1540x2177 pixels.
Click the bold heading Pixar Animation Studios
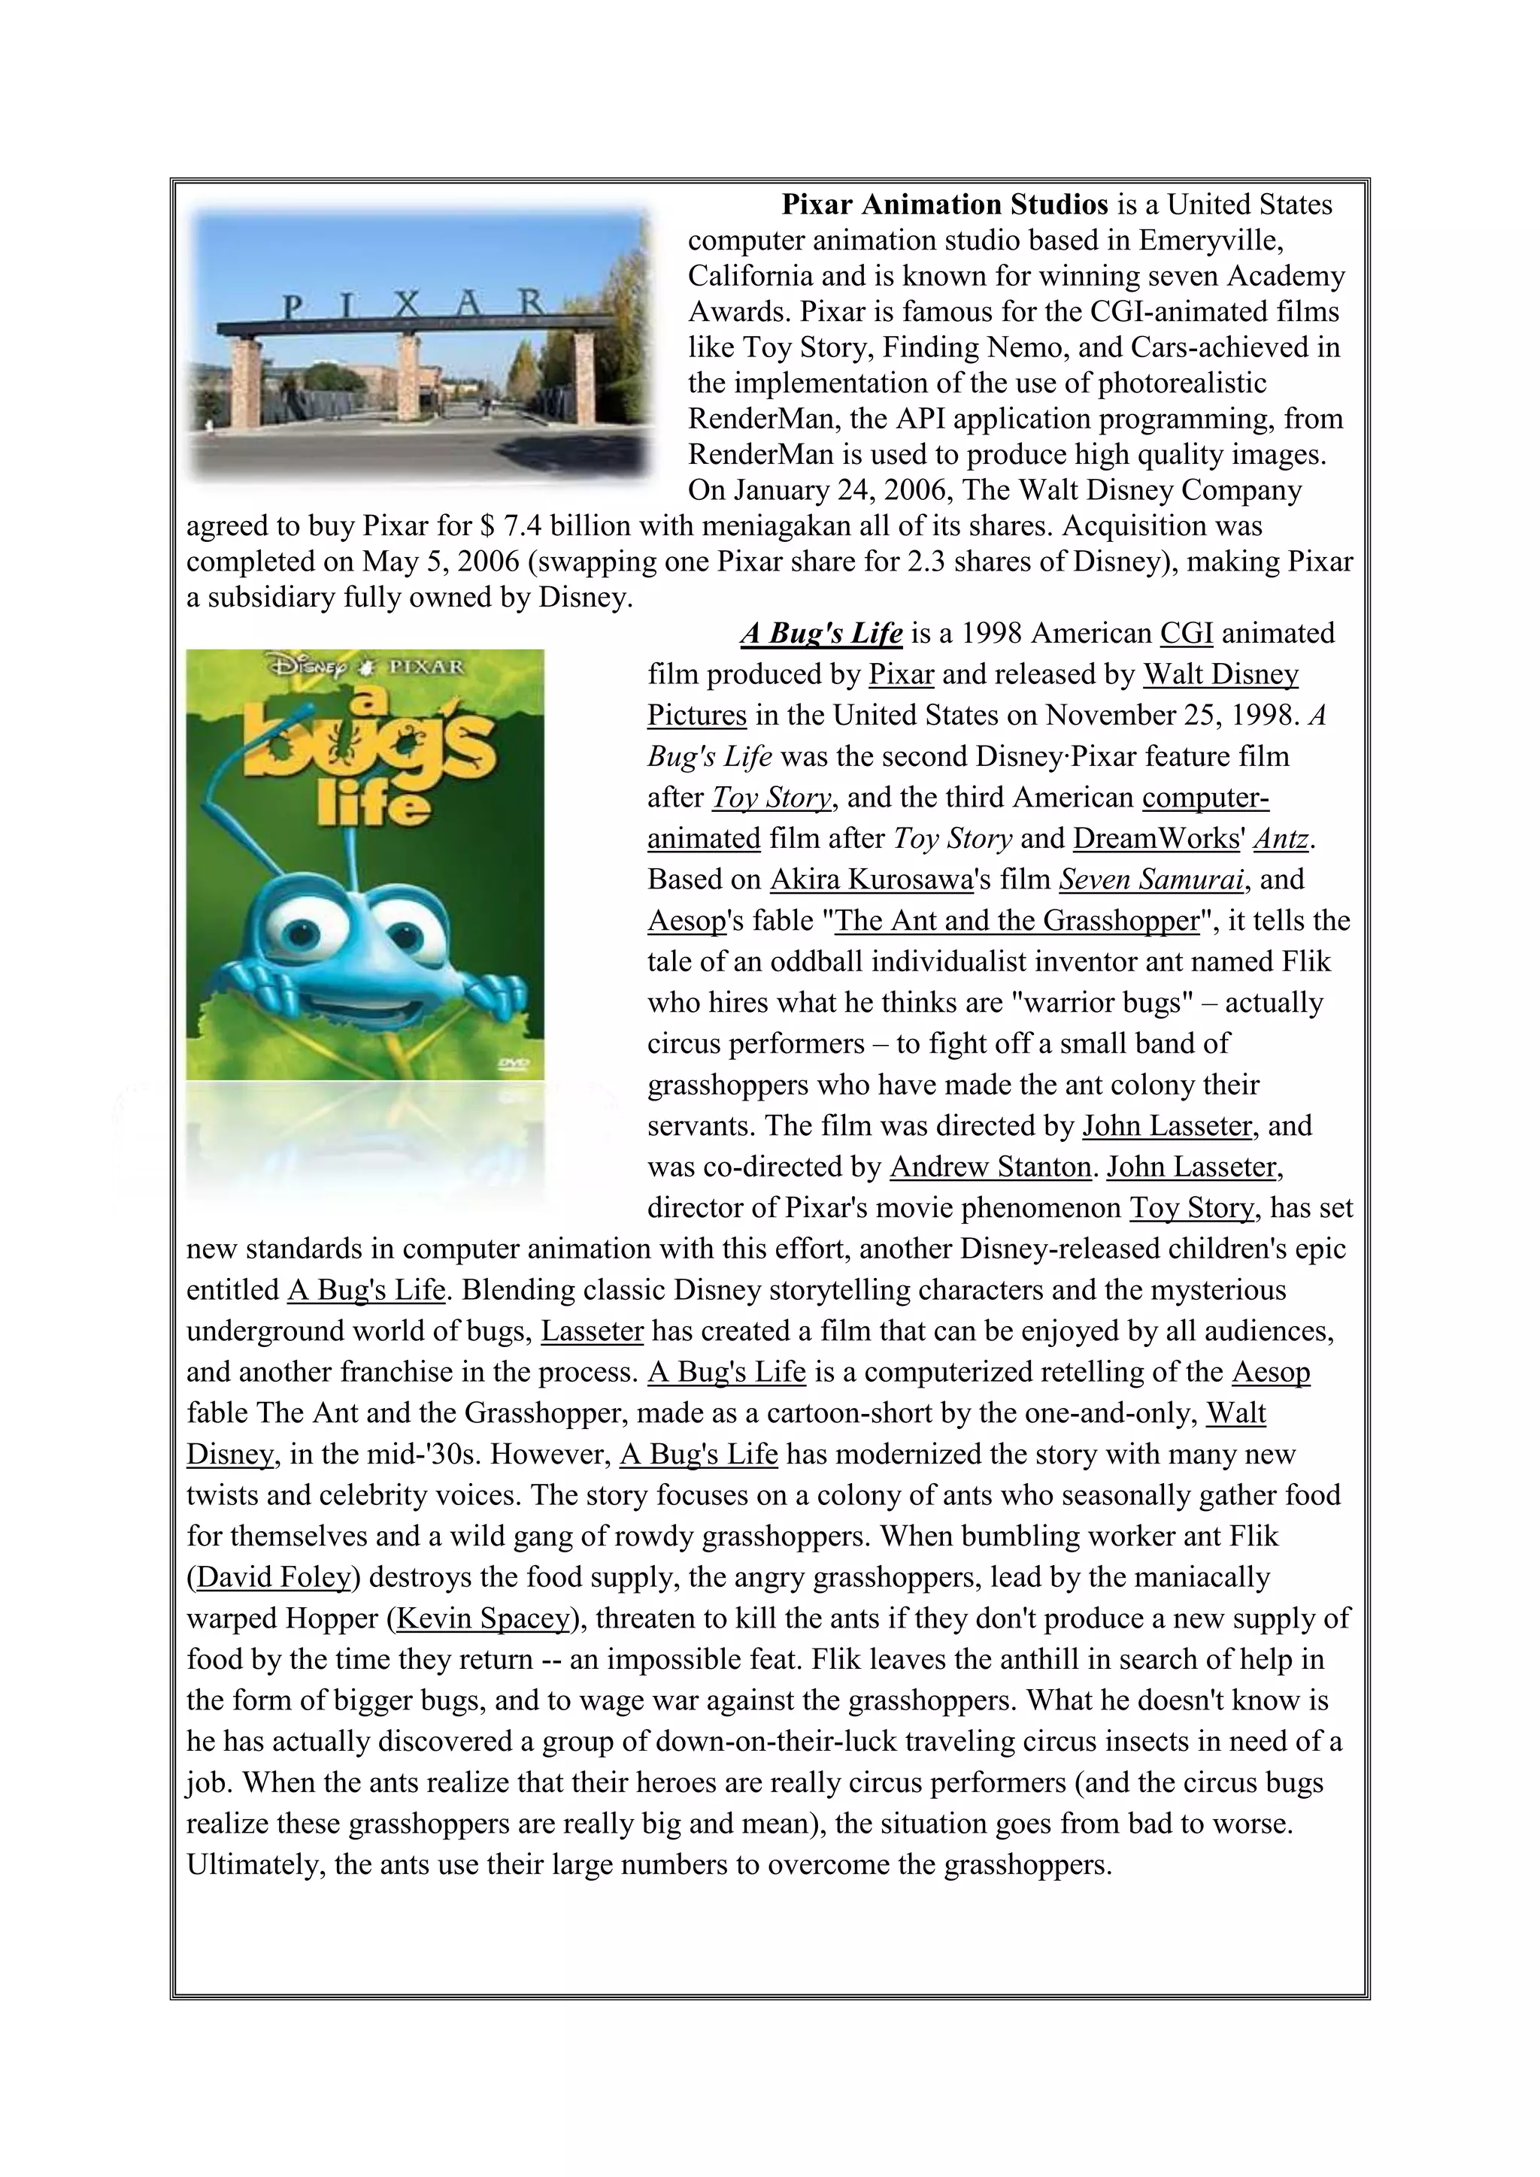click(944, 204)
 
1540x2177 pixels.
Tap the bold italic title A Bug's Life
click(821, 634)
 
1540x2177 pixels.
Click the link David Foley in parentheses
click(274, 1577)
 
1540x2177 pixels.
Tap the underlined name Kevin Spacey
click(484, 1618)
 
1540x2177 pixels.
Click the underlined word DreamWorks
click(1156, 839)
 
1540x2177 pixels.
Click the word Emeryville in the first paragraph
click(1210, 241)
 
